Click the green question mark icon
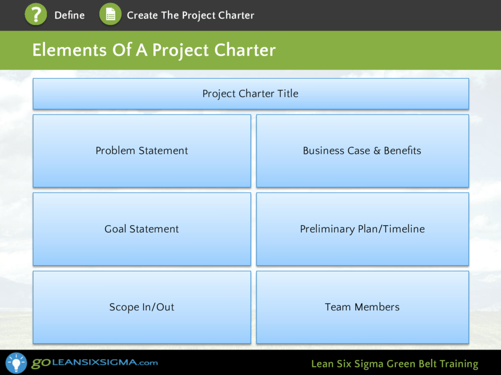point(36,14)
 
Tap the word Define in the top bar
point(69,15)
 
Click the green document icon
point(110,14)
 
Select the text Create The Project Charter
point(190,16)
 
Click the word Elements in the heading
point(69,50)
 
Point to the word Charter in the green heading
point(245,50)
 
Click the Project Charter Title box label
point(250,94)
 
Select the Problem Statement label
point(142,150)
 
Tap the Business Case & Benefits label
point(362,150)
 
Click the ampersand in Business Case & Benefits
point(377,151)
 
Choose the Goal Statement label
point(142,229)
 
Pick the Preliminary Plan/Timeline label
point(362,229)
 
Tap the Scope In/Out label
point(142,307)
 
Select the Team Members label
point(362,307)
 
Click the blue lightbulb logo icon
point(17,363)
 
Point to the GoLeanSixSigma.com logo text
point(95,362)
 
